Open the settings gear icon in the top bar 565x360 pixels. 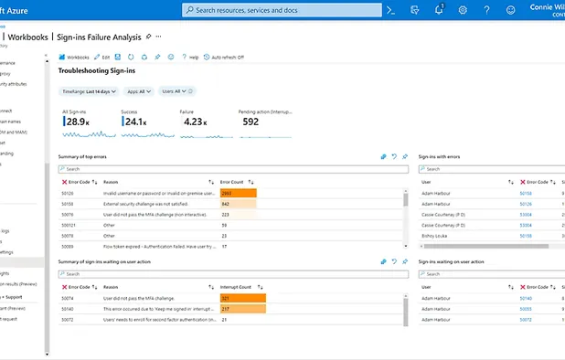click(x=463, y=10)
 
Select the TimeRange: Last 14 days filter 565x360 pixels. click(x=89, y=91)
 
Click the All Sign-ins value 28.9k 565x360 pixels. click(x=75, y=122)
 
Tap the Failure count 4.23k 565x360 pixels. click(x=193, y=122)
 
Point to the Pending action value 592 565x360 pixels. click(x=250, y=122)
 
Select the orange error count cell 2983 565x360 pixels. click(x=238, y=194)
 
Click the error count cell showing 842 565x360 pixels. click(x=238, y=204)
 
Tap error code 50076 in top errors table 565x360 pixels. click(x=69, y=215)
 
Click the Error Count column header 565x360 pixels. click(x=233, y=182)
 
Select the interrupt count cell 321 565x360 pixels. click(x=241, y=299)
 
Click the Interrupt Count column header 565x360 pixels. click(x=238, y=287)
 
